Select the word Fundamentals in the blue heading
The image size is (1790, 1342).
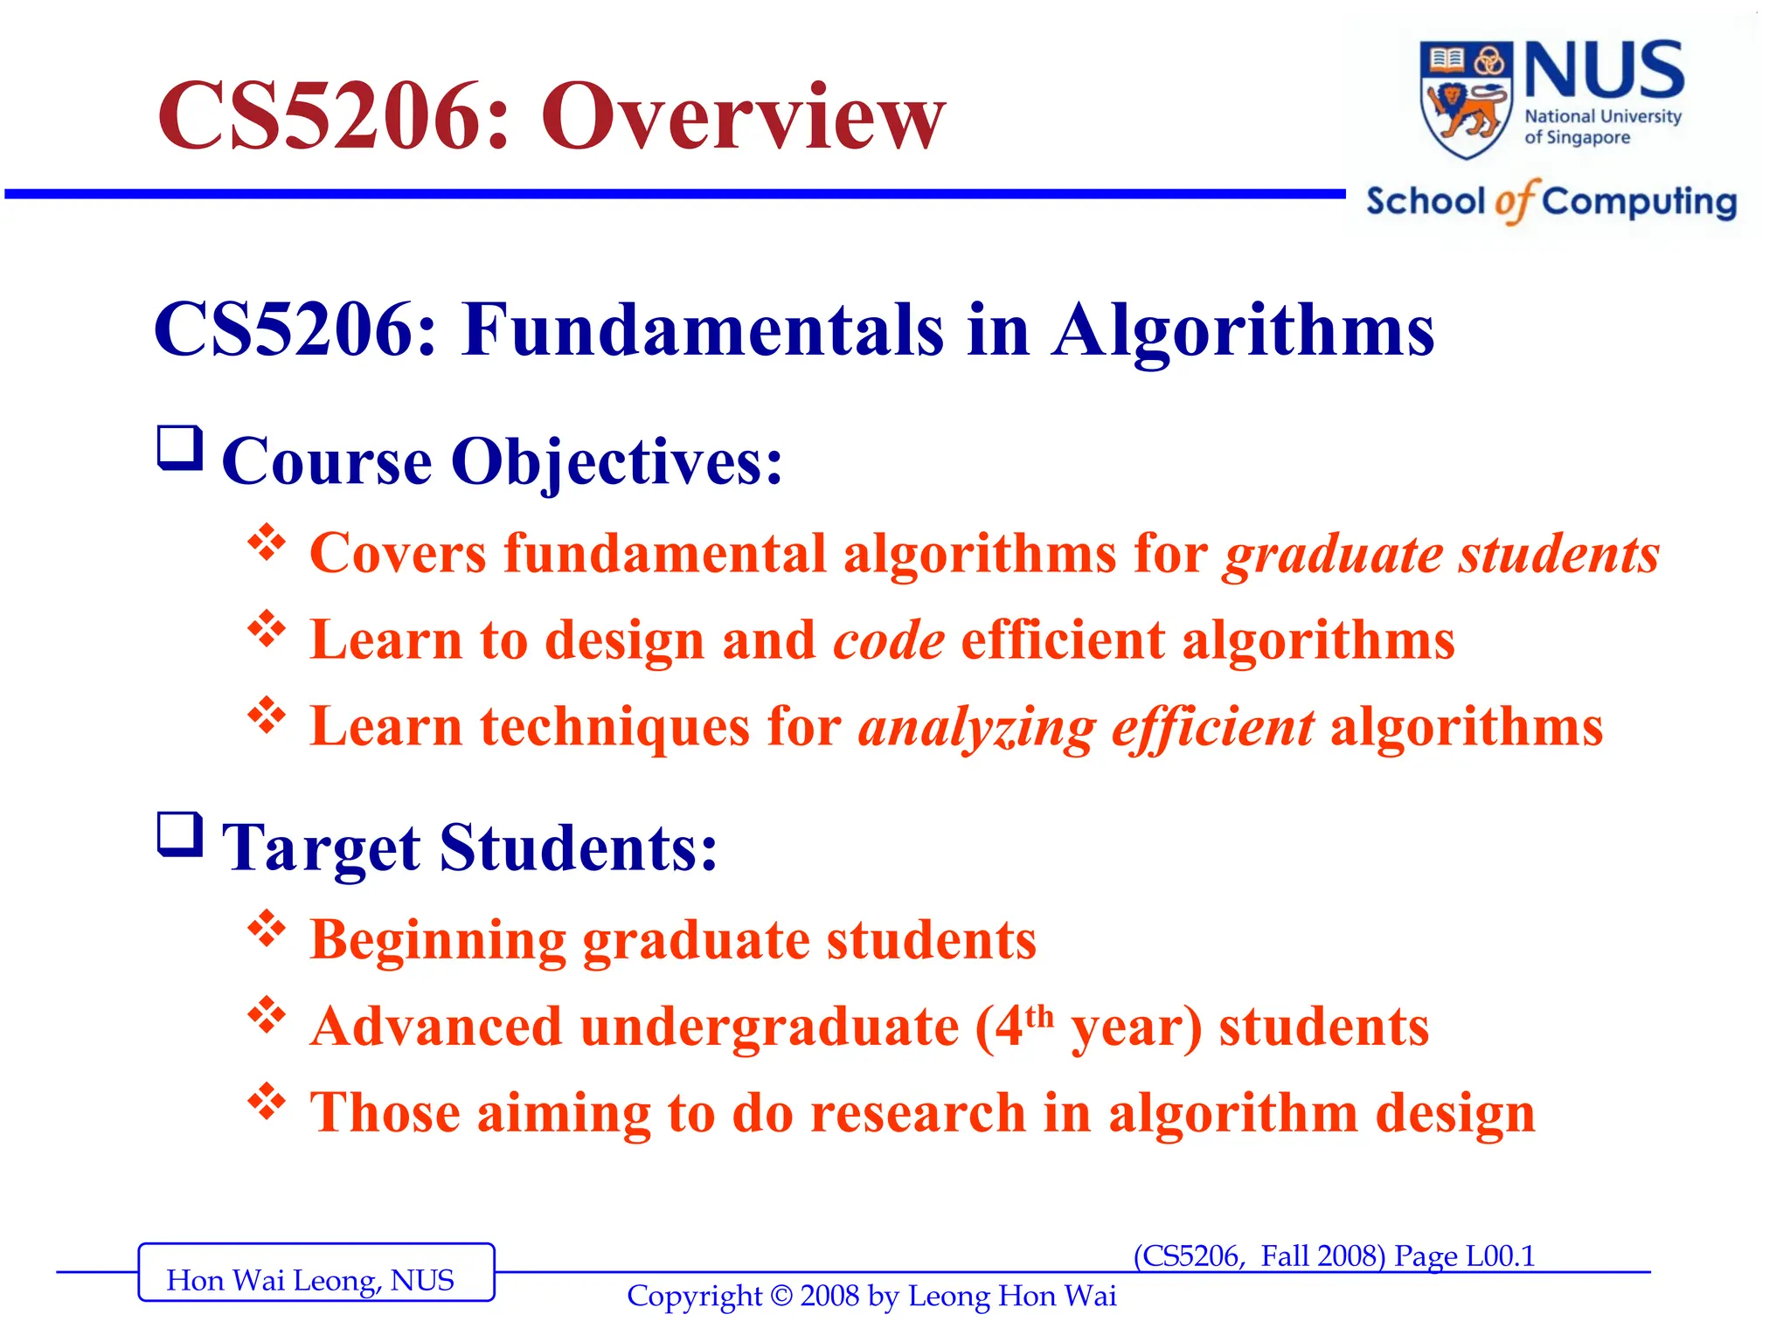pos(704,330)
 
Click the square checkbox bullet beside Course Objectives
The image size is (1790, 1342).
pos(180,448)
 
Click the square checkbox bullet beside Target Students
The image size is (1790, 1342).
pos(180,834)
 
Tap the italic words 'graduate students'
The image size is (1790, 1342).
pos(1441,555)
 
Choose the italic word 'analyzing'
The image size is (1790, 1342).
pos(976,728)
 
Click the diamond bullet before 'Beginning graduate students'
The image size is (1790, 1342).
pos(267,929)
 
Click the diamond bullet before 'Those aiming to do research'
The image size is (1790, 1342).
pos(267,1102)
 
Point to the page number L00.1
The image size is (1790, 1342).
pos(1500,1256)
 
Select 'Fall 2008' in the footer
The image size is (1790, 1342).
pos(1322,1256)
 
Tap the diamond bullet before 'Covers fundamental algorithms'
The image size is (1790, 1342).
pos(267,543)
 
